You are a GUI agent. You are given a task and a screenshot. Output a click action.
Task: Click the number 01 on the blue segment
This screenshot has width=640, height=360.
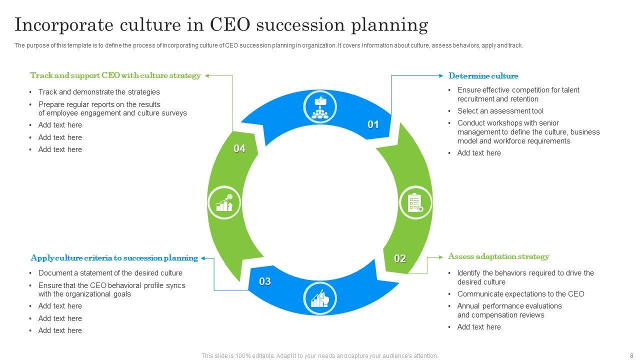click(x=373, y=124)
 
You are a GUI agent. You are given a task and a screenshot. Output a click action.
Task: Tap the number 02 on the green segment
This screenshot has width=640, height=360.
click(x=400, y=258)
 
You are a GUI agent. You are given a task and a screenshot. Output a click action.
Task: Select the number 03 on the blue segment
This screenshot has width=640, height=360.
click(x=265, y=281)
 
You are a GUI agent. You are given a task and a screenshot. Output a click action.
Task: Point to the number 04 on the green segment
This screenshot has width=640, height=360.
click(x=239, y=148)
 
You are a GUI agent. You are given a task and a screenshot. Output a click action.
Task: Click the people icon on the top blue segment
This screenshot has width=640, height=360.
click(x=320, y=107)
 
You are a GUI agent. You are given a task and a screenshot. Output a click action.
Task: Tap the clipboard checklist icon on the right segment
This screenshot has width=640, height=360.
click(x=415, y=203)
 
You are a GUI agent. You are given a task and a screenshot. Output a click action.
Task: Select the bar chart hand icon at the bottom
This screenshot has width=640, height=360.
click(x=320, y=298)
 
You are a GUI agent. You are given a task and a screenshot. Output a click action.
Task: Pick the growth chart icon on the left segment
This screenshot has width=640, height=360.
click(x=224, y=203)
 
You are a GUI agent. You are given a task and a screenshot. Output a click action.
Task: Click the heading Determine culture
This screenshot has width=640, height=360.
click(x=483, y=76)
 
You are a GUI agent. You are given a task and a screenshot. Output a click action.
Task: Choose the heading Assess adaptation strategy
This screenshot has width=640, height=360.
click(x=498, y=256)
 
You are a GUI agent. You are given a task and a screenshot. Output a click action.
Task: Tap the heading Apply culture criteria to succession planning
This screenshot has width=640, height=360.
click(x=114, y=258)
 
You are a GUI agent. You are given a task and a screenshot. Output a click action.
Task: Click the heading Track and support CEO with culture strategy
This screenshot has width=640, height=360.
click(x=115, y=75)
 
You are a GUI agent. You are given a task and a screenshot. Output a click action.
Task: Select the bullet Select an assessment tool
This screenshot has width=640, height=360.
click(x=500, y=111)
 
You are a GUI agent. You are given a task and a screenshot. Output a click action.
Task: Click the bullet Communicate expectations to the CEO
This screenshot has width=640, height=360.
click(x=520, y=294)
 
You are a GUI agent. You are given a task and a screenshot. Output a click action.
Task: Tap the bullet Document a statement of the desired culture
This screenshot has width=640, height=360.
click(x=110, y=273)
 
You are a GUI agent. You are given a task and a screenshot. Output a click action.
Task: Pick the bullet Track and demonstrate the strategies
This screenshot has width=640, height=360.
click(x=99, y=92)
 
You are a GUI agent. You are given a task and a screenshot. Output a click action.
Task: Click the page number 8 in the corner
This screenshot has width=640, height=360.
click(x=631, y=356)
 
